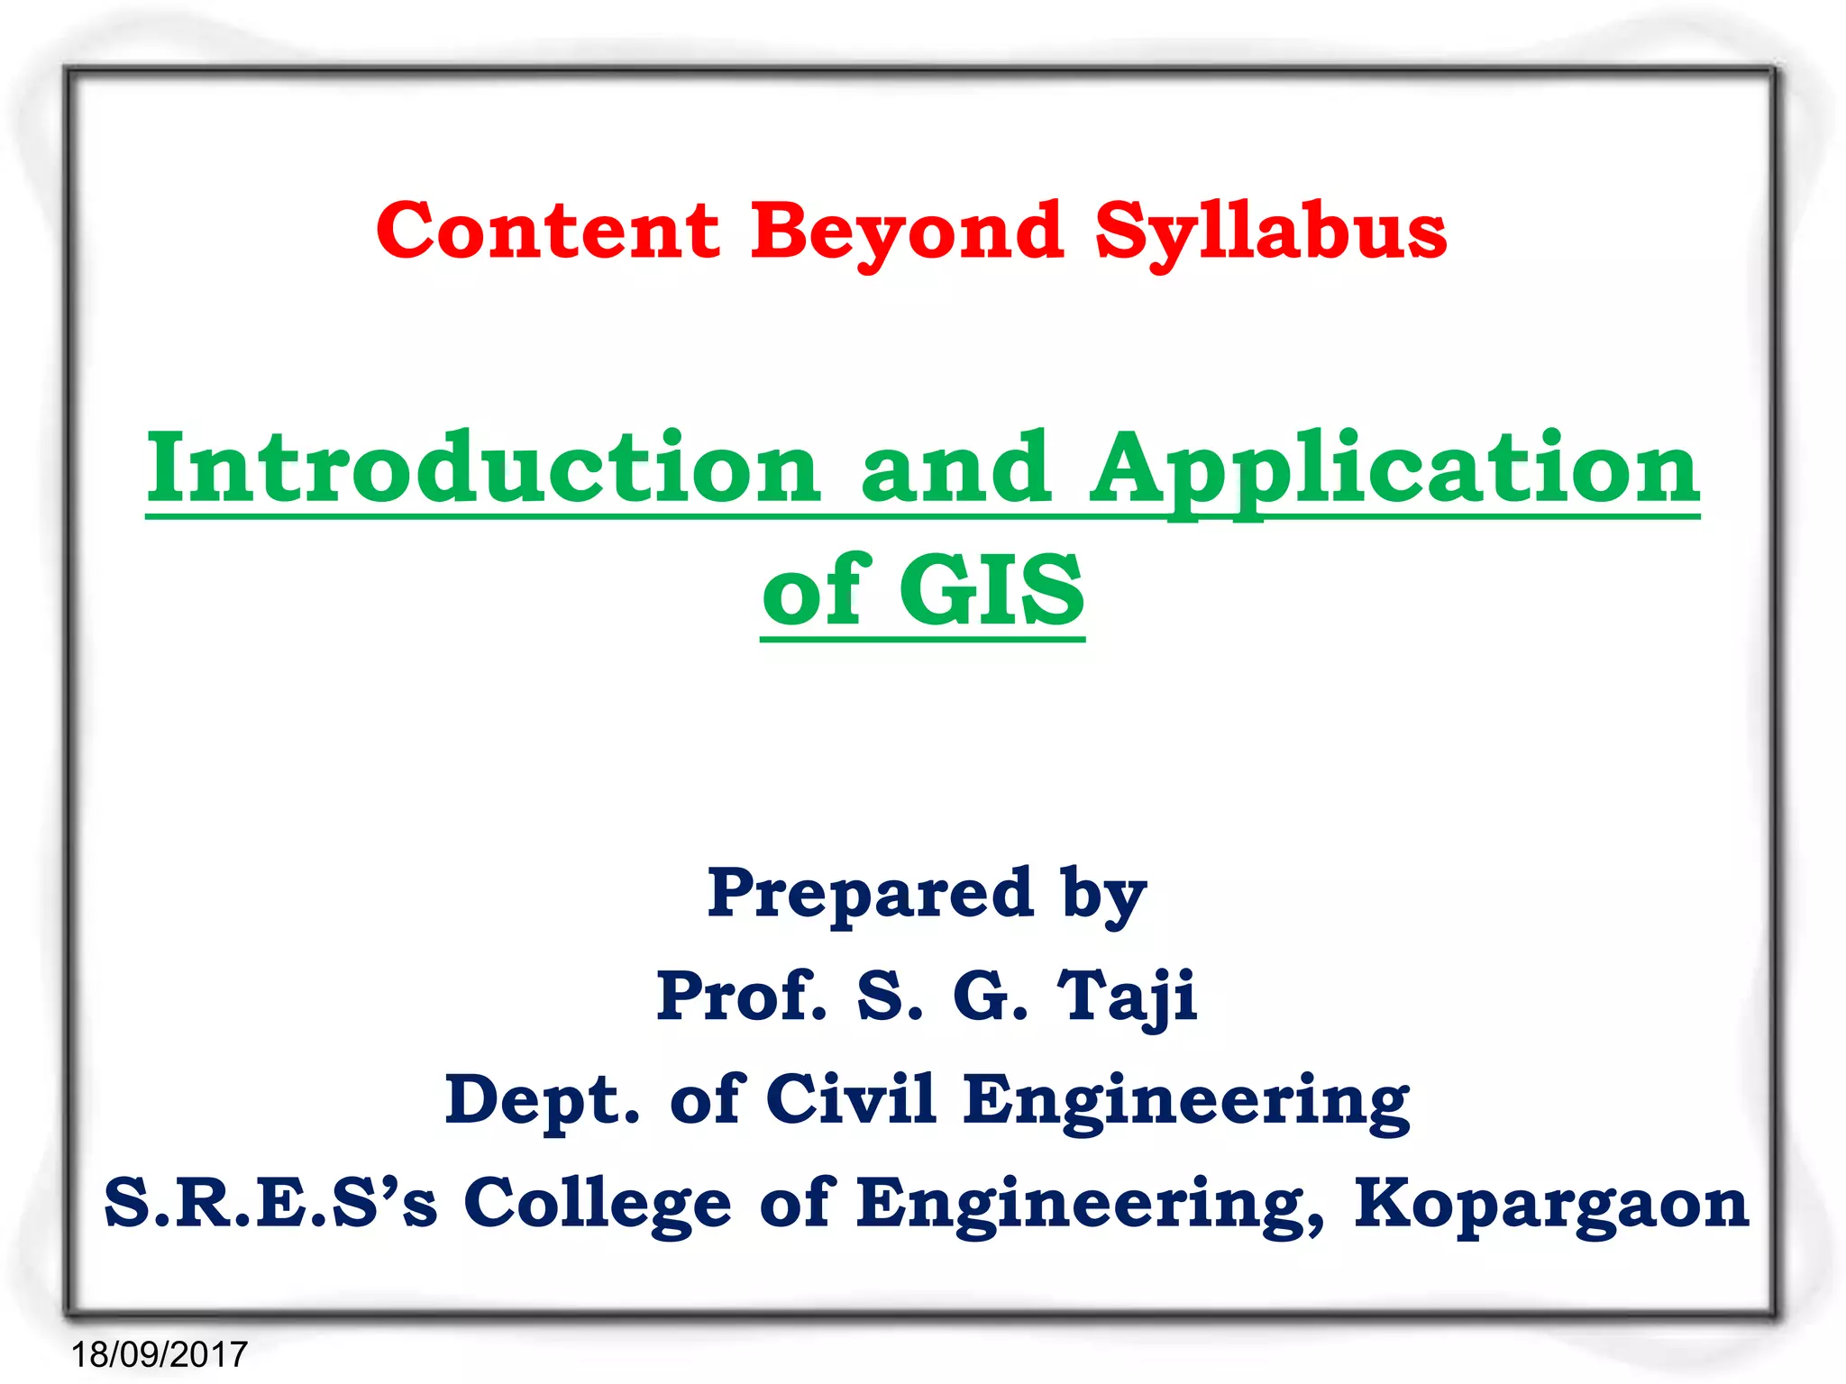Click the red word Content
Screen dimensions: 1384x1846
tap(548, 231)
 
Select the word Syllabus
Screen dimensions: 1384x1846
tap(1270, 232)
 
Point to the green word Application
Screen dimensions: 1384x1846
tap(1394, 470)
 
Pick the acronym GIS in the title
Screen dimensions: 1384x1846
tap(992, 590)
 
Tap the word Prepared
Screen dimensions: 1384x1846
tap(870, 894)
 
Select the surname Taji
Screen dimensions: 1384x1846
tap(1127, 997)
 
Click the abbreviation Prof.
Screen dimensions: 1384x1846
tap(741, 997)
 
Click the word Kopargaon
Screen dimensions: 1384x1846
tap(1551, 1204)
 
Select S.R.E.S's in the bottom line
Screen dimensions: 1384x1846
tap(270, 1204)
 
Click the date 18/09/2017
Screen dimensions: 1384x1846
tap(160, 1354)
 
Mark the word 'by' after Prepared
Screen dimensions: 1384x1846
tap(1103, 896)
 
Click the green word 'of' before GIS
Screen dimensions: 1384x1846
tap(816, 590)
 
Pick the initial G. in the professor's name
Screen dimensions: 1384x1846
tap(990, 997)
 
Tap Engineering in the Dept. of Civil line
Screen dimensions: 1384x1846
tap(1186, 1101)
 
